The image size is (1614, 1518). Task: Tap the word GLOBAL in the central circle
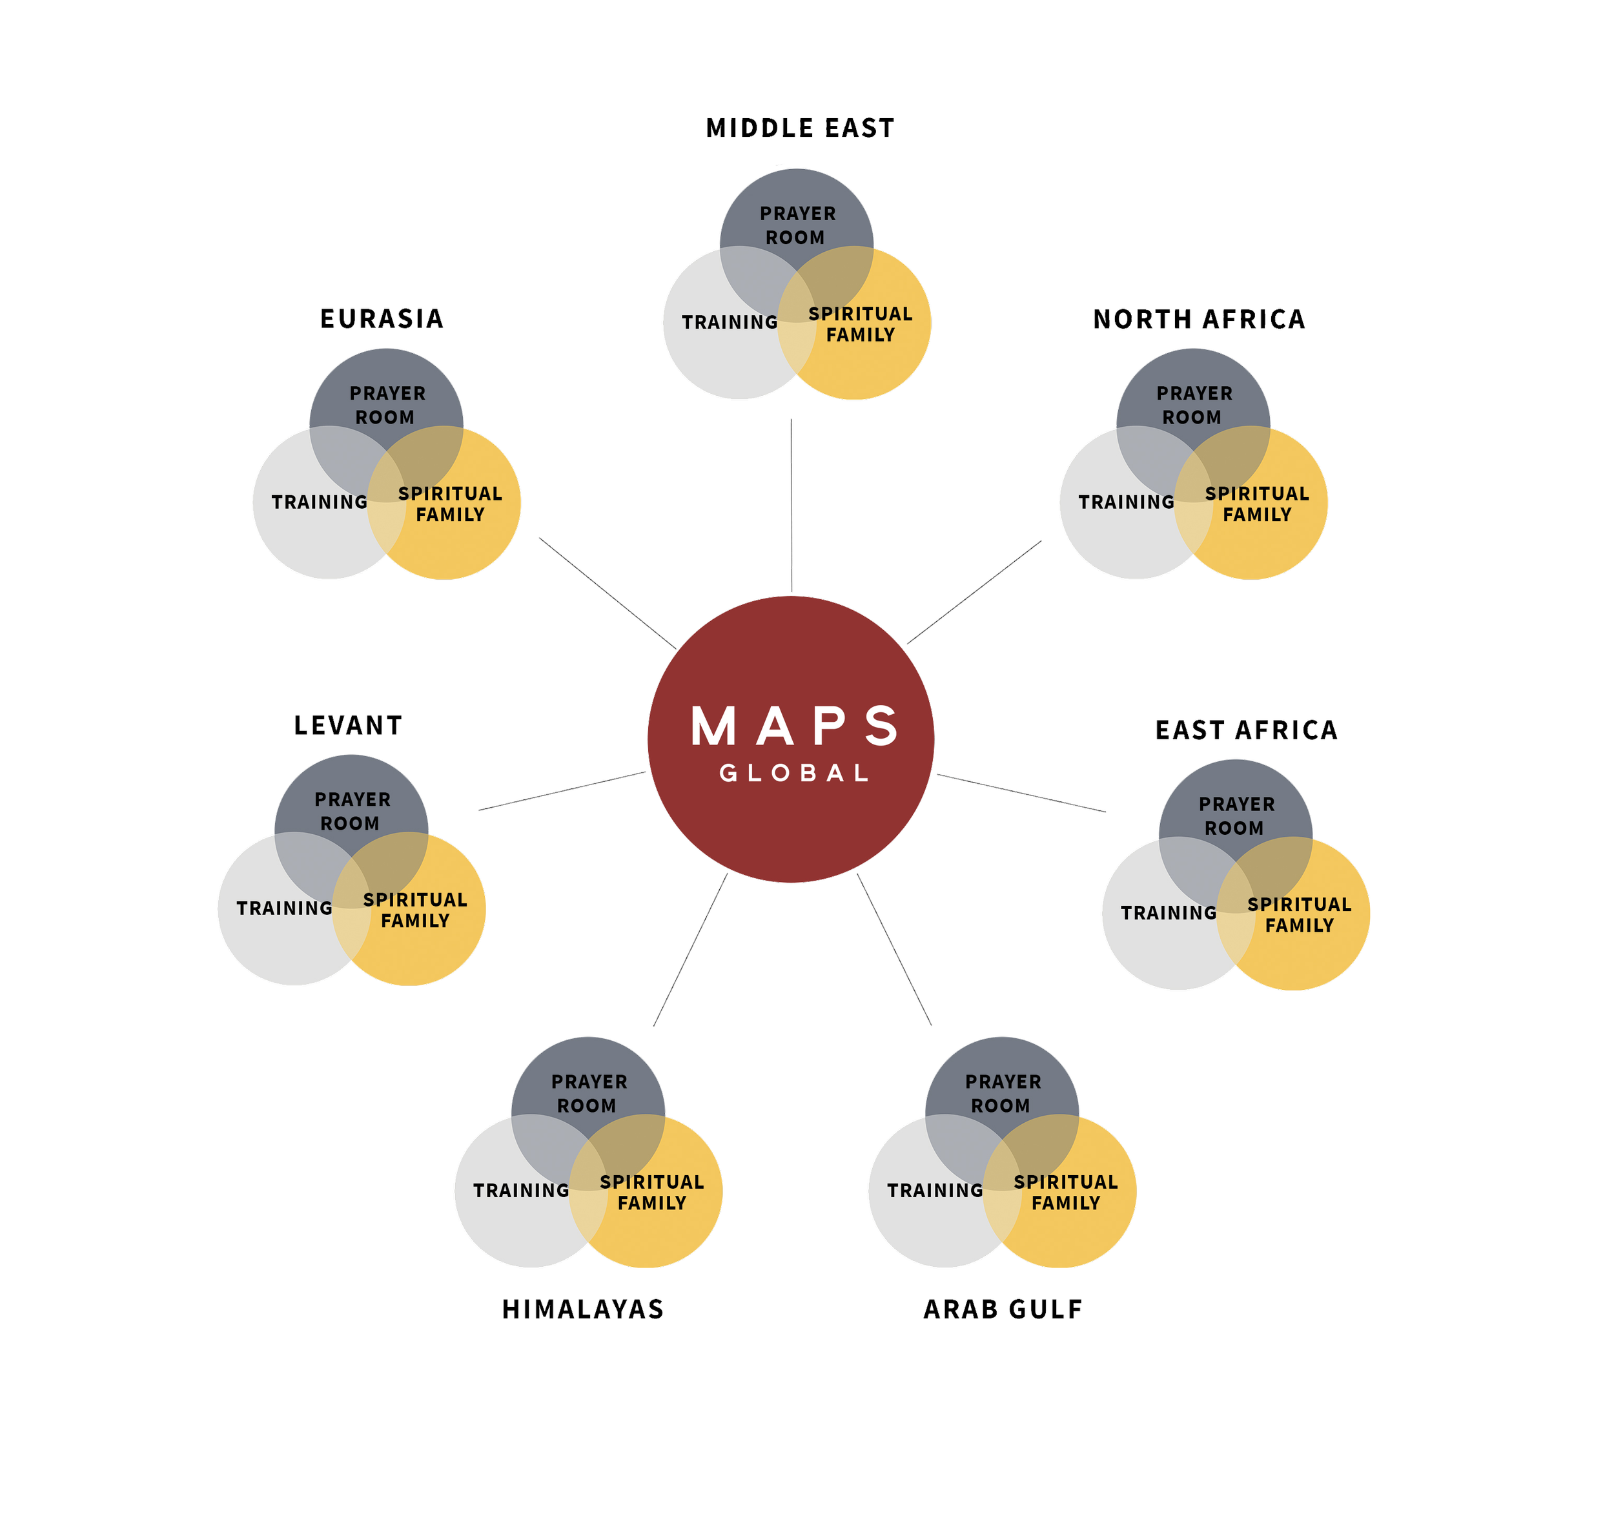point(794,773)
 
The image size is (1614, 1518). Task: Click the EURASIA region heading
point(382,319)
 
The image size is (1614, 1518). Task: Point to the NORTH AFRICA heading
point(1199,320)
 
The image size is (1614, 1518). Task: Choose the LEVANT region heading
point(349,727)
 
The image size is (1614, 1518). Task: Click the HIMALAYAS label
point(584,1309)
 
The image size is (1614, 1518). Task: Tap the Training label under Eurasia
point(320,502)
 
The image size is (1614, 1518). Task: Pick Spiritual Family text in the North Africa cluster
point(1257,504)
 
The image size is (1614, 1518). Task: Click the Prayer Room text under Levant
point(352,811)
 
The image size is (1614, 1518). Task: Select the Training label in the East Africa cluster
point(1169,913)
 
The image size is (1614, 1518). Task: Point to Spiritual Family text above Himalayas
point(652,1193)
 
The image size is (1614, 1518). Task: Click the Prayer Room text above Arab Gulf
point(1002,1093)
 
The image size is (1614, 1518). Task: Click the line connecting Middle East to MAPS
point(792,503)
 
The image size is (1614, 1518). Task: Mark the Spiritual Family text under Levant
point(415,910)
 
